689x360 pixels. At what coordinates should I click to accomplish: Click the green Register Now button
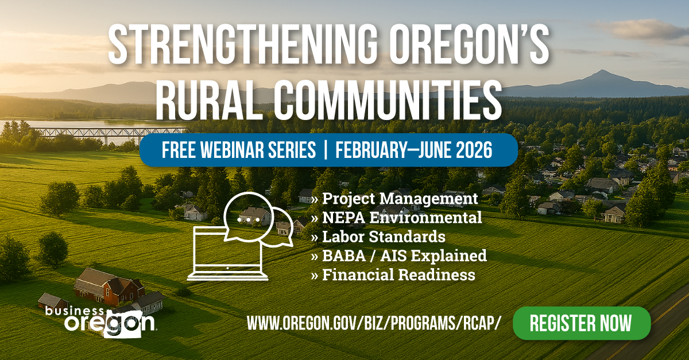(581, 323)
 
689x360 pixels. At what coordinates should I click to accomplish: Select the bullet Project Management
(394, 199)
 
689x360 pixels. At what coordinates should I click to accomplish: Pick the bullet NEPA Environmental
(396, 218)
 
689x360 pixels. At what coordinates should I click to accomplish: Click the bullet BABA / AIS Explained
(398, 256)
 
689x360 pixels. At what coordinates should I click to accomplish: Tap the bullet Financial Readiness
(393, 274)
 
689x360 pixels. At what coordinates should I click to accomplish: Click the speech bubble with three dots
(246, 218)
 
